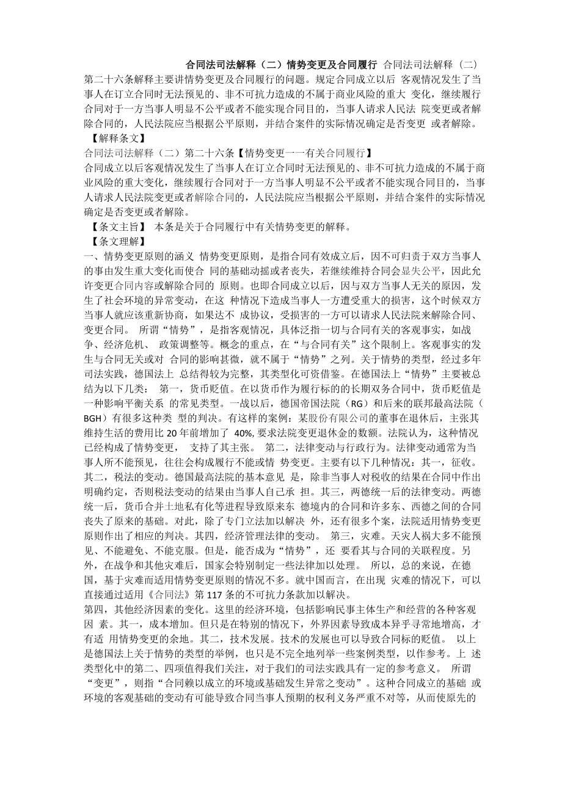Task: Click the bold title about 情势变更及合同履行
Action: (x=281, y=64)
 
